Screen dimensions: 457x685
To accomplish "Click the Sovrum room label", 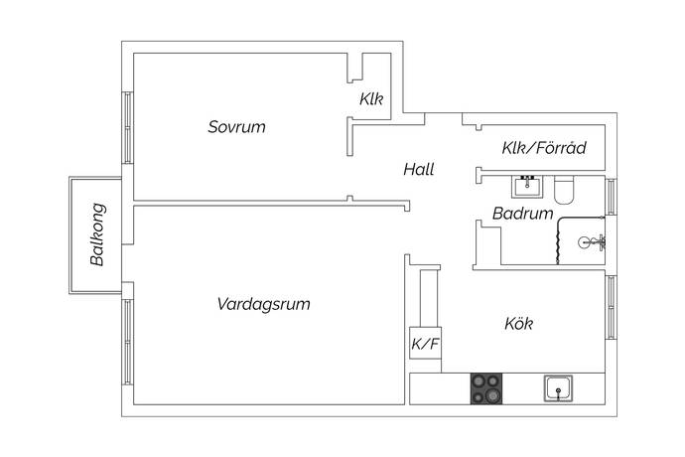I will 237,127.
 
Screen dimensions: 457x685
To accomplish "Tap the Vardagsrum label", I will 263,304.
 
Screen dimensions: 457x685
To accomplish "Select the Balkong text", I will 97,235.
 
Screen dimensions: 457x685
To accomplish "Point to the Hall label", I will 418,170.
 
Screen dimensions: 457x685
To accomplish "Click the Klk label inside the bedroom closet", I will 372,99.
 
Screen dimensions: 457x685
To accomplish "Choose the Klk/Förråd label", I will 544,149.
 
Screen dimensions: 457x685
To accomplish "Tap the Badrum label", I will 522,214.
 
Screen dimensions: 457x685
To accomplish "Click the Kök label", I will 520,324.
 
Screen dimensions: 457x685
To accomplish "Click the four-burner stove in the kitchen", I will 486,387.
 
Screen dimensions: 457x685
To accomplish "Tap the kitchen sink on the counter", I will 559,387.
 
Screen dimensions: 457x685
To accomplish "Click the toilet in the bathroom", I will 566,188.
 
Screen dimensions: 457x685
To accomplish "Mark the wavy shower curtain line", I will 560,241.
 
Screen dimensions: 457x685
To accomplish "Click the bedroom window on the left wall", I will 127,127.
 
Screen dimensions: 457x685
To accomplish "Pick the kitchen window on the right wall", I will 611,306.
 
